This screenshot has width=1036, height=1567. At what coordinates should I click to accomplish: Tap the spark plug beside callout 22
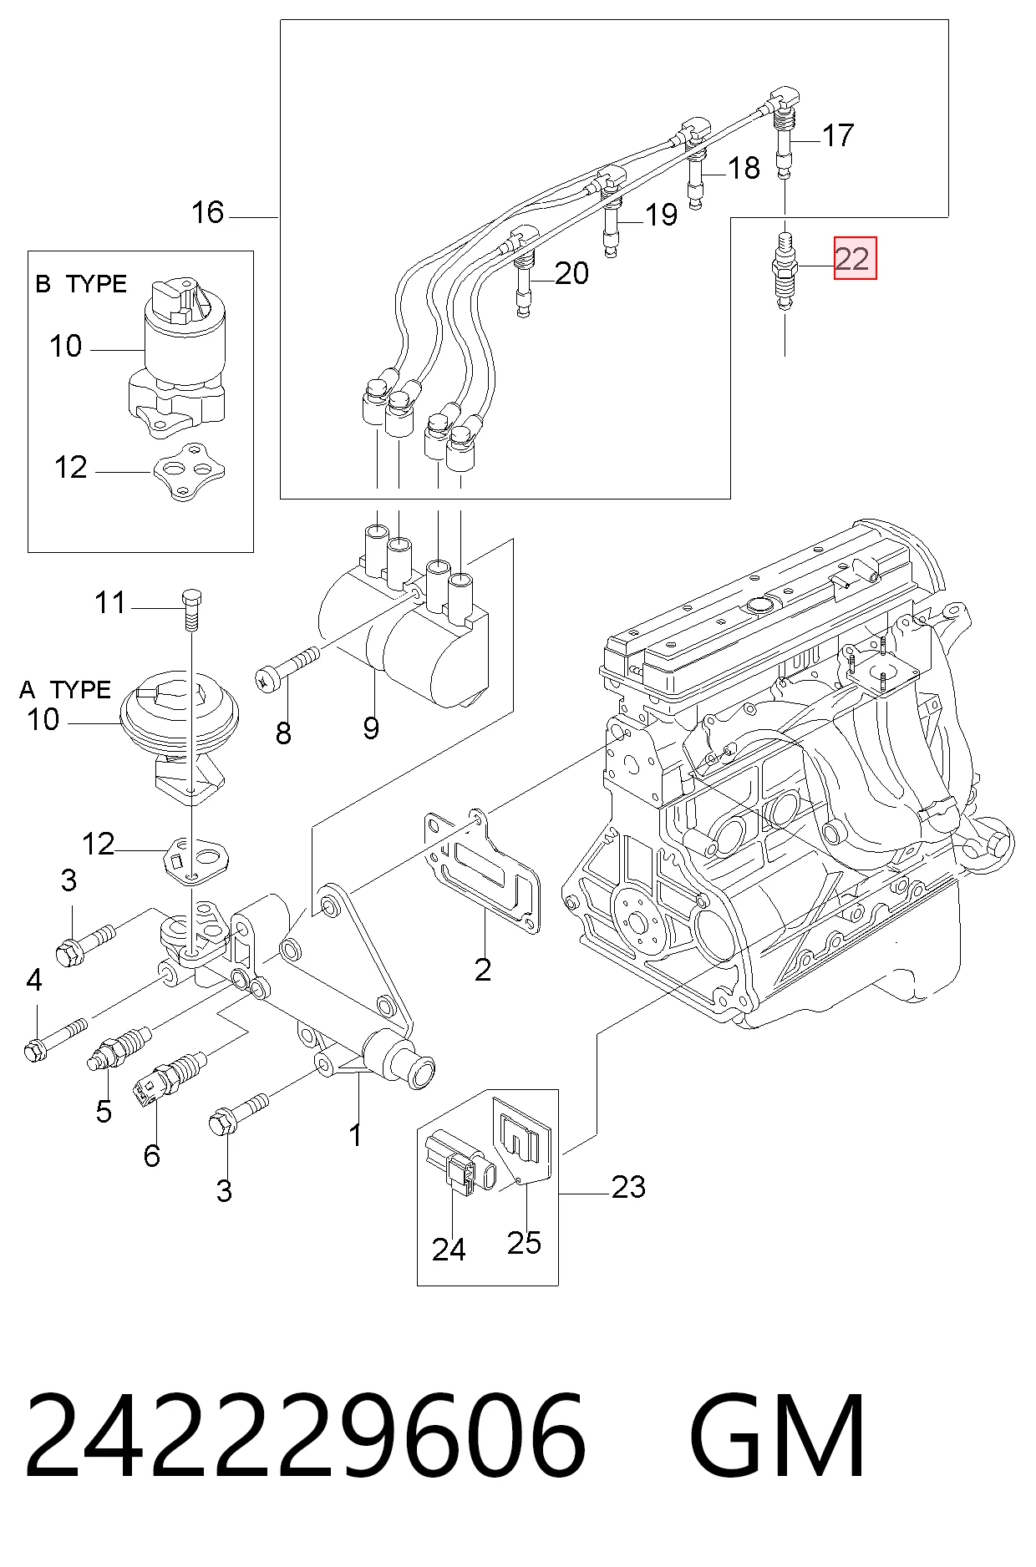(785, 271)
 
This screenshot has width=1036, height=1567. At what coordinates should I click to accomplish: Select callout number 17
(838, 135)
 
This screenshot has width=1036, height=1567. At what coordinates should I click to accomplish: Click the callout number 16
(208, 212)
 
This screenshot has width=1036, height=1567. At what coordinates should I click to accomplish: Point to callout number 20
(571, 273)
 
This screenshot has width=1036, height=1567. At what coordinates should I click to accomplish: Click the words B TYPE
(81, 284)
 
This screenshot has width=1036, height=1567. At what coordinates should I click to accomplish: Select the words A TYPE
(65, 690)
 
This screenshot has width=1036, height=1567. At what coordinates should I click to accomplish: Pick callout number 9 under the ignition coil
(371, 728)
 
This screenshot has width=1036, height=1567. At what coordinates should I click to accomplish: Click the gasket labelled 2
(480, 871)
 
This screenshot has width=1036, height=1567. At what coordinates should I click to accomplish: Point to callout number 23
(628, 1187)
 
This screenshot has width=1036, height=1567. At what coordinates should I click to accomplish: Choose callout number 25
(524, 1243)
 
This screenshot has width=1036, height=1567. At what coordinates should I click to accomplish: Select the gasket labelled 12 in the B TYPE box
(189, 473)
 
